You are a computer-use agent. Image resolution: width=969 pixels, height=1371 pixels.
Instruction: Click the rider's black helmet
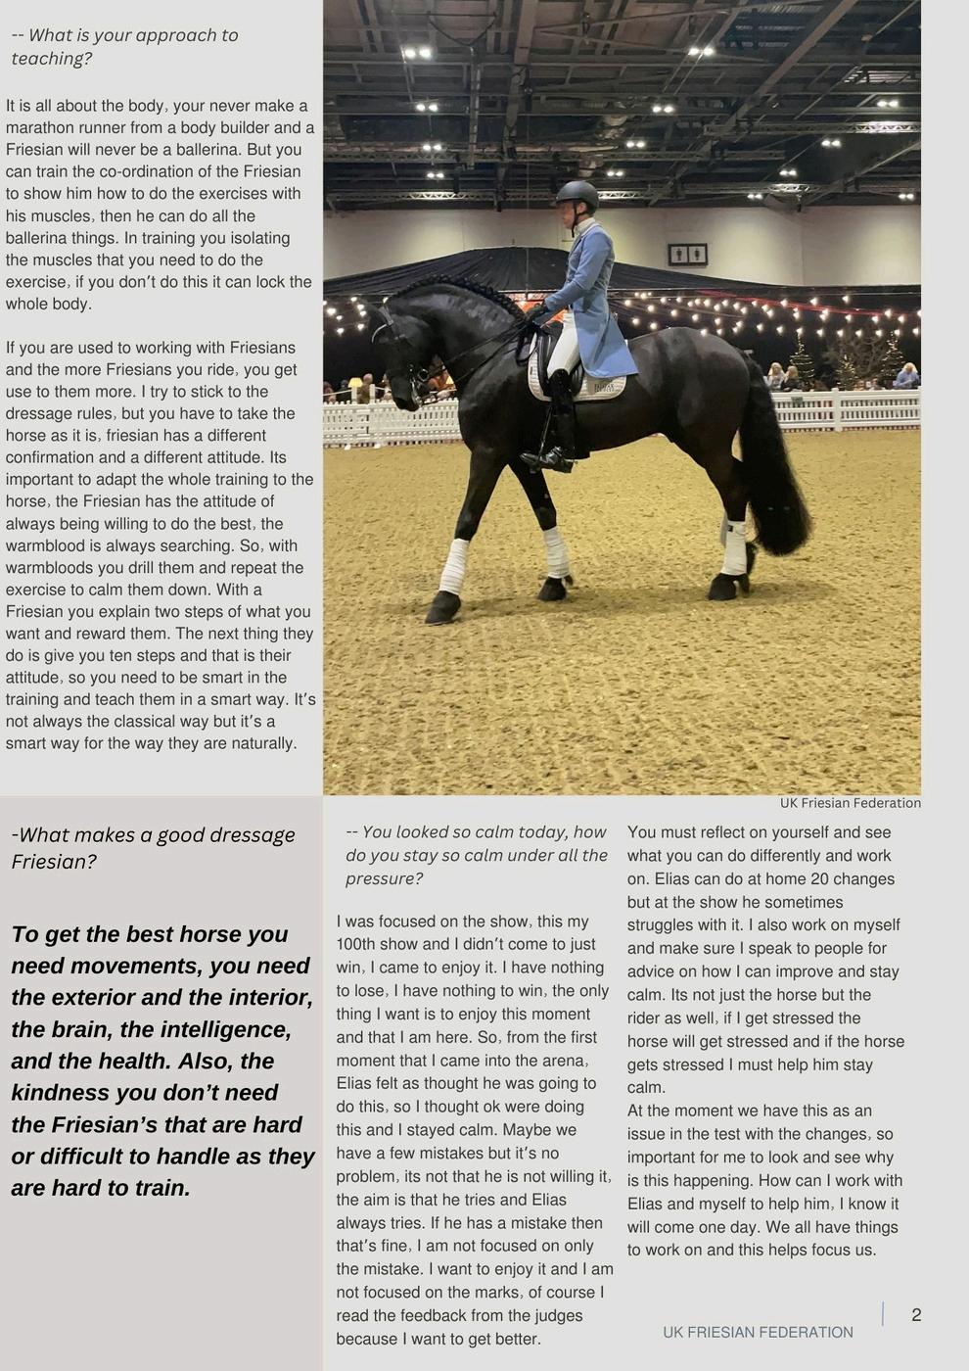[576, 194]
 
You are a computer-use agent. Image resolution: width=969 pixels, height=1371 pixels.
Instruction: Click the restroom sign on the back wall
[687, 255]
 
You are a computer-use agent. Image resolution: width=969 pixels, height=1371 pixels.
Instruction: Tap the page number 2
[916, 1315]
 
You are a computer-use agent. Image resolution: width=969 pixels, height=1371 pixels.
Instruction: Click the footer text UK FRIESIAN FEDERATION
[758, 1332]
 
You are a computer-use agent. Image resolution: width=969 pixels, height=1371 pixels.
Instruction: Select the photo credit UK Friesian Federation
[850, 803]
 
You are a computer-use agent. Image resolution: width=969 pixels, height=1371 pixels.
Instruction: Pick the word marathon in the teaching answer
[40, 127]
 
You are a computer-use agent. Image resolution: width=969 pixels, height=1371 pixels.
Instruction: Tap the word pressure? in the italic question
[384, 878]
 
